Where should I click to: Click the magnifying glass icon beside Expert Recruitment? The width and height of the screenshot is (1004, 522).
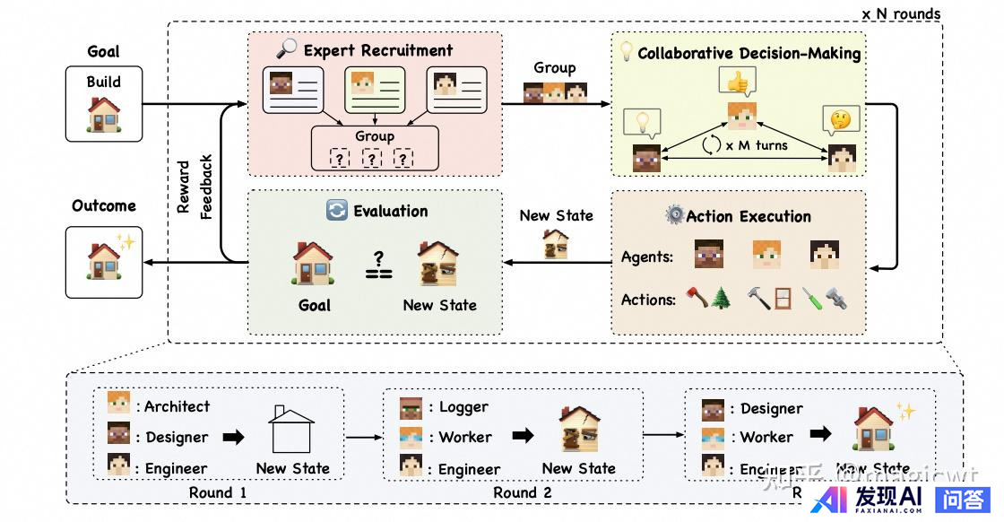(x=287, y=50)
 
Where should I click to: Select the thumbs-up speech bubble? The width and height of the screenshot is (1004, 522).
(x=737, y=83)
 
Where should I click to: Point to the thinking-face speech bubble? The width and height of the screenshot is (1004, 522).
(x=840, y=119)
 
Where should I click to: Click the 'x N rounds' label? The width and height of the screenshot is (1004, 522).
(x=900, y=13)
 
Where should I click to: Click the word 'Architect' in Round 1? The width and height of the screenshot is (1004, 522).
(x=177, y=406)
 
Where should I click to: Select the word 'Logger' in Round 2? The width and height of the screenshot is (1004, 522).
(x=463, y=406)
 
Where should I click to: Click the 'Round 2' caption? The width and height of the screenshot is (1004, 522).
(x=523, y=492)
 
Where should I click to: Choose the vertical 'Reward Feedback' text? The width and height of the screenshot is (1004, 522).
(x=195, y=187)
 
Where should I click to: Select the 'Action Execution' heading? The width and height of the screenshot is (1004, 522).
(x=749, y=216)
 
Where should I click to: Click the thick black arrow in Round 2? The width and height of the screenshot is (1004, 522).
(x=522, y=438)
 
